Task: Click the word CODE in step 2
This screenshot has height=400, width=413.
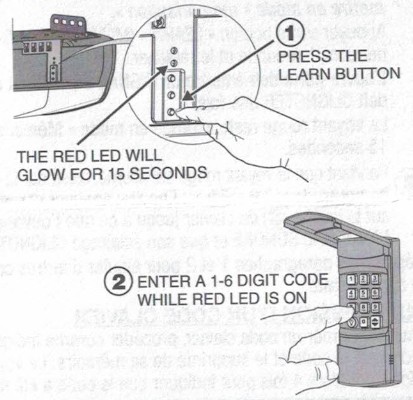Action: click(x=324, y=283)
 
